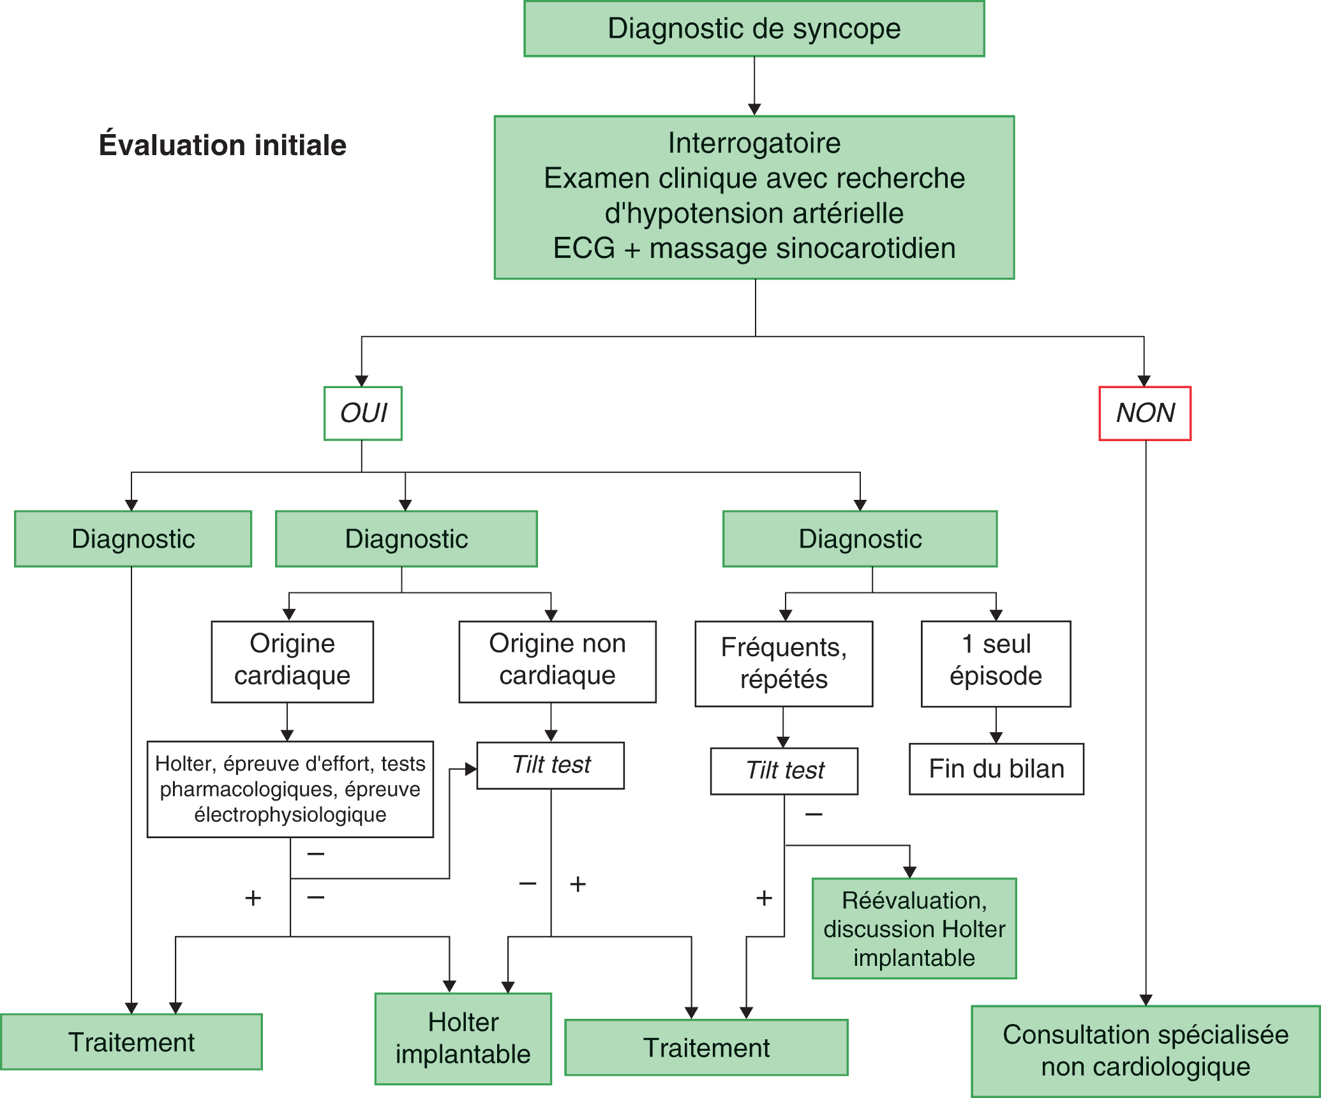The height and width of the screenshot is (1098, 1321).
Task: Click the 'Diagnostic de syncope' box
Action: (x=754, y=29)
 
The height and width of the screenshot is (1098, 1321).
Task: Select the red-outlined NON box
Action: (x=1145, y=413)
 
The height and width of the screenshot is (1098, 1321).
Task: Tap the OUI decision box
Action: (x=363, y=413)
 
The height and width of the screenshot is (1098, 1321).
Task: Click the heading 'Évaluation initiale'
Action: (x=223, y=146)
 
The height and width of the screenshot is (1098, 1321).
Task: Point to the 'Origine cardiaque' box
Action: (x=292, y=661)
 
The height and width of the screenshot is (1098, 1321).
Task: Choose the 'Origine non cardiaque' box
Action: (x=557, y=661)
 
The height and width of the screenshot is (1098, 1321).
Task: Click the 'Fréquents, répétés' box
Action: (x=784, y=664)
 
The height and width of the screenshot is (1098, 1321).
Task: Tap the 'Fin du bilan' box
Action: (x=996, y=769)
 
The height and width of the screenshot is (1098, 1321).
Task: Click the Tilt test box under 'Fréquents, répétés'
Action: (x=784, y=771)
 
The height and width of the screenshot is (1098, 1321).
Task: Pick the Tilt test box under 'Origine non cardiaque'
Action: (x=551, y=765)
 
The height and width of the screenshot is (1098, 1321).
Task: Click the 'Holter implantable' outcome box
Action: (x=463, y=1038)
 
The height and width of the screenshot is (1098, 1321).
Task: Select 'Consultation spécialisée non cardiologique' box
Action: (x=1146, y=1051)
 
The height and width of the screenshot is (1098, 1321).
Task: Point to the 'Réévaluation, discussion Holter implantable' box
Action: (x=914, y=929)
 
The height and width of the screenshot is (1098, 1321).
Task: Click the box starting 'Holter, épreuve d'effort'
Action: (x=290, y=789)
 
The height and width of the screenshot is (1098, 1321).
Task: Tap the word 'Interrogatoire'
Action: (x=754, y=143)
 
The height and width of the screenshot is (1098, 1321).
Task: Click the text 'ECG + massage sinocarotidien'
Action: (x=754, y=248)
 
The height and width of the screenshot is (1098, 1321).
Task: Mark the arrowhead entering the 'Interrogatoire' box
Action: (x=754, y=109)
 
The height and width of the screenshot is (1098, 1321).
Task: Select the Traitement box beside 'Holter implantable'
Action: (x=706, y=1048)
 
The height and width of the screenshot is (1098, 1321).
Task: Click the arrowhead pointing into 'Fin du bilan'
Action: (x=996, y=738)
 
